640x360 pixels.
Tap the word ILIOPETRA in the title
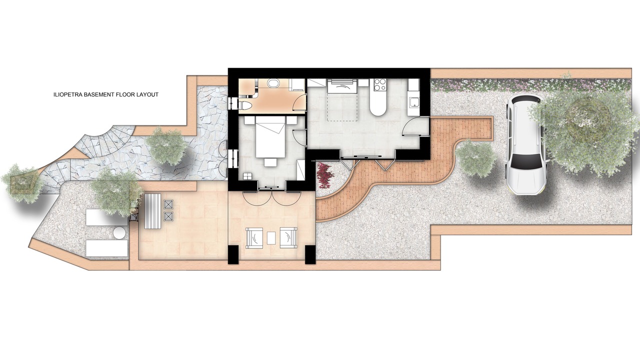pyautogui.click(x=67, y=94)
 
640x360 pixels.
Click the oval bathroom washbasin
pyautogui.click(x=273, y=83)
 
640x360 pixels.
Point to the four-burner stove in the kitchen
pyautogui.click(x=379, y=84)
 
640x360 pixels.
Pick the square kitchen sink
pyautogui.click(x=413, y=102)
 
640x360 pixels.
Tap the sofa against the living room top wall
pyautogui.click(x=342, y=86)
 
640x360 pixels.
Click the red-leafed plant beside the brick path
pyautogui.click(x=324, y=175)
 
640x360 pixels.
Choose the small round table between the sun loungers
pyautogui.click(x=119, y=232)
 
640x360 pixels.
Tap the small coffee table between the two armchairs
pyautogui.click(x=271, y=237)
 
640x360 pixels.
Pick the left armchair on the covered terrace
pyautogui.click(x=254, y=237)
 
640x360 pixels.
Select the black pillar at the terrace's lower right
pyautogui.click(x=310, y=254)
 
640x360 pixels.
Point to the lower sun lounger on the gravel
pyautogui.click(x=106, y=248)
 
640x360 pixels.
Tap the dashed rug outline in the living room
pyautogui.click(x=342, y=107)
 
